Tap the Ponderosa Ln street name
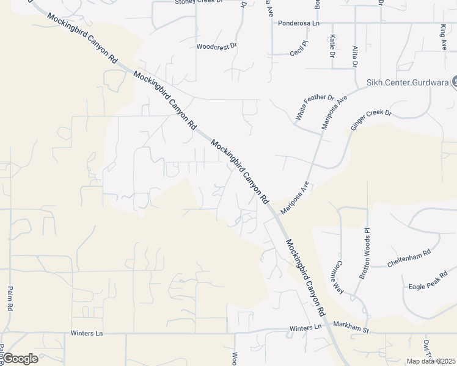(x=299, y=23)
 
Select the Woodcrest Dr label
(x=216, y=46)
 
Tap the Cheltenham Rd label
(x=409, y=258)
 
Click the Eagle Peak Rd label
(x=428, y=279)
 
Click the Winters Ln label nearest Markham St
(x=305, y=328)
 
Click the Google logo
(x=20, y=358)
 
